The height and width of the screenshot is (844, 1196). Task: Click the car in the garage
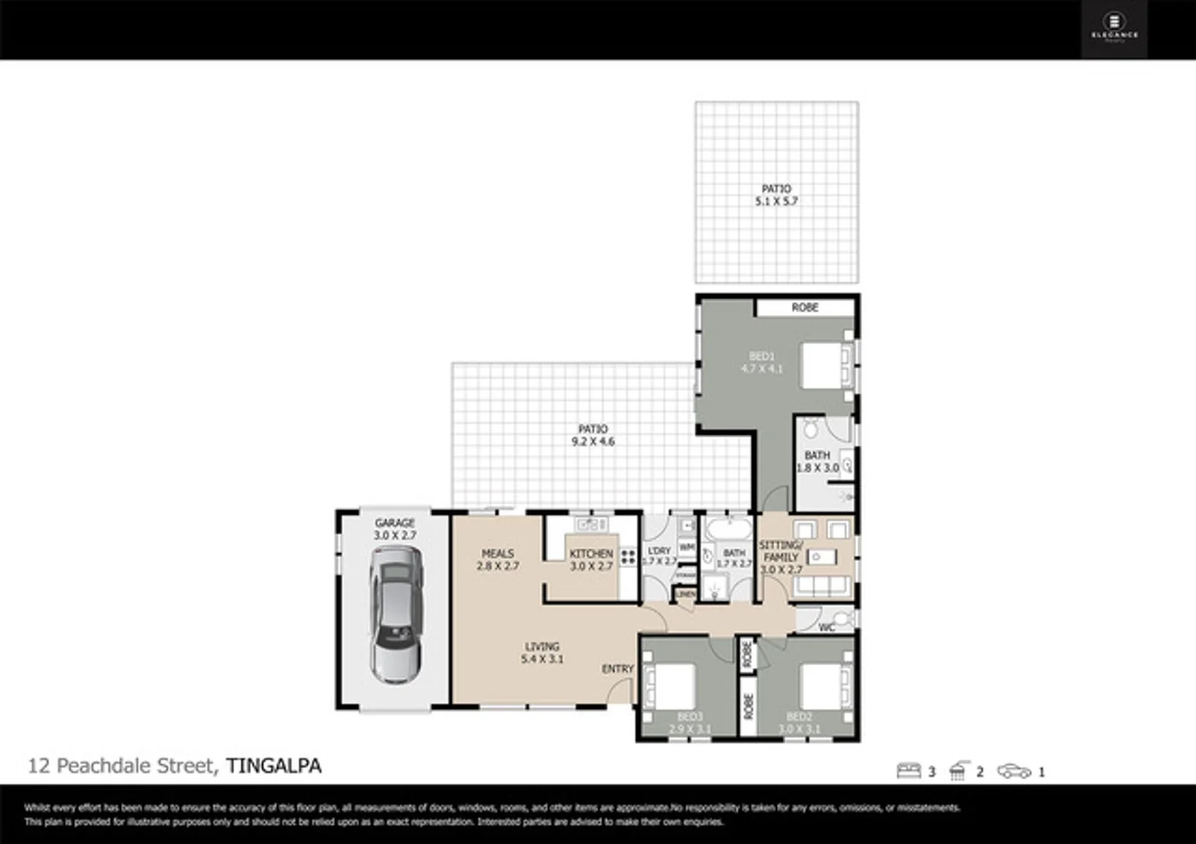tap(396, 613)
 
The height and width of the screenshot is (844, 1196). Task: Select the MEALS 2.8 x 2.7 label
tap(498, 560)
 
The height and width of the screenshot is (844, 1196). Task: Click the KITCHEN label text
tap(591, 553)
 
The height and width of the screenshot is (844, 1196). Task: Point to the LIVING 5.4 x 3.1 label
tap(542, 653)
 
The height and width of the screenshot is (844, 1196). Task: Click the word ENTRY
tap(618, 669)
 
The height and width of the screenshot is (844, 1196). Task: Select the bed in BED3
tap(669, 687)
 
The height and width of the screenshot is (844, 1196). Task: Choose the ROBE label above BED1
tap(804, 308)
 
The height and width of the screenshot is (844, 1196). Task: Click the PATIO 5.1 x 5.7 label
tap(776, 195)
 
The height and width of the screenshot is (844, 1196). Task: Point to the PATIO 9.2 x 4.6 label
tap(593, 435)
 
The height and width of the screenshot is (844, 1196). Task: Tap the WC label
tap(826, 628)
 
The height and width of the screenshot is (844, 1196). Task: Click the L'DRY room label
tap(659, 551)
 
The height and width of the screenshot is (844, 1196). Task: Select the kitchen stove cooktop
tap(628, 557)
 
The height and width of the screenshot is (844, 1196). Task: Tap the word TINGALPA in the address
tap(274, 766)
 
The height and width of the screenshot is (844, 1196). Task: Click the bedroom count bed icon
tap(908, 771)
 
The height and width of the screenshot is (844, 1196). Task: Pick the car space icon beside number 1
tap(1014, 771)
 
